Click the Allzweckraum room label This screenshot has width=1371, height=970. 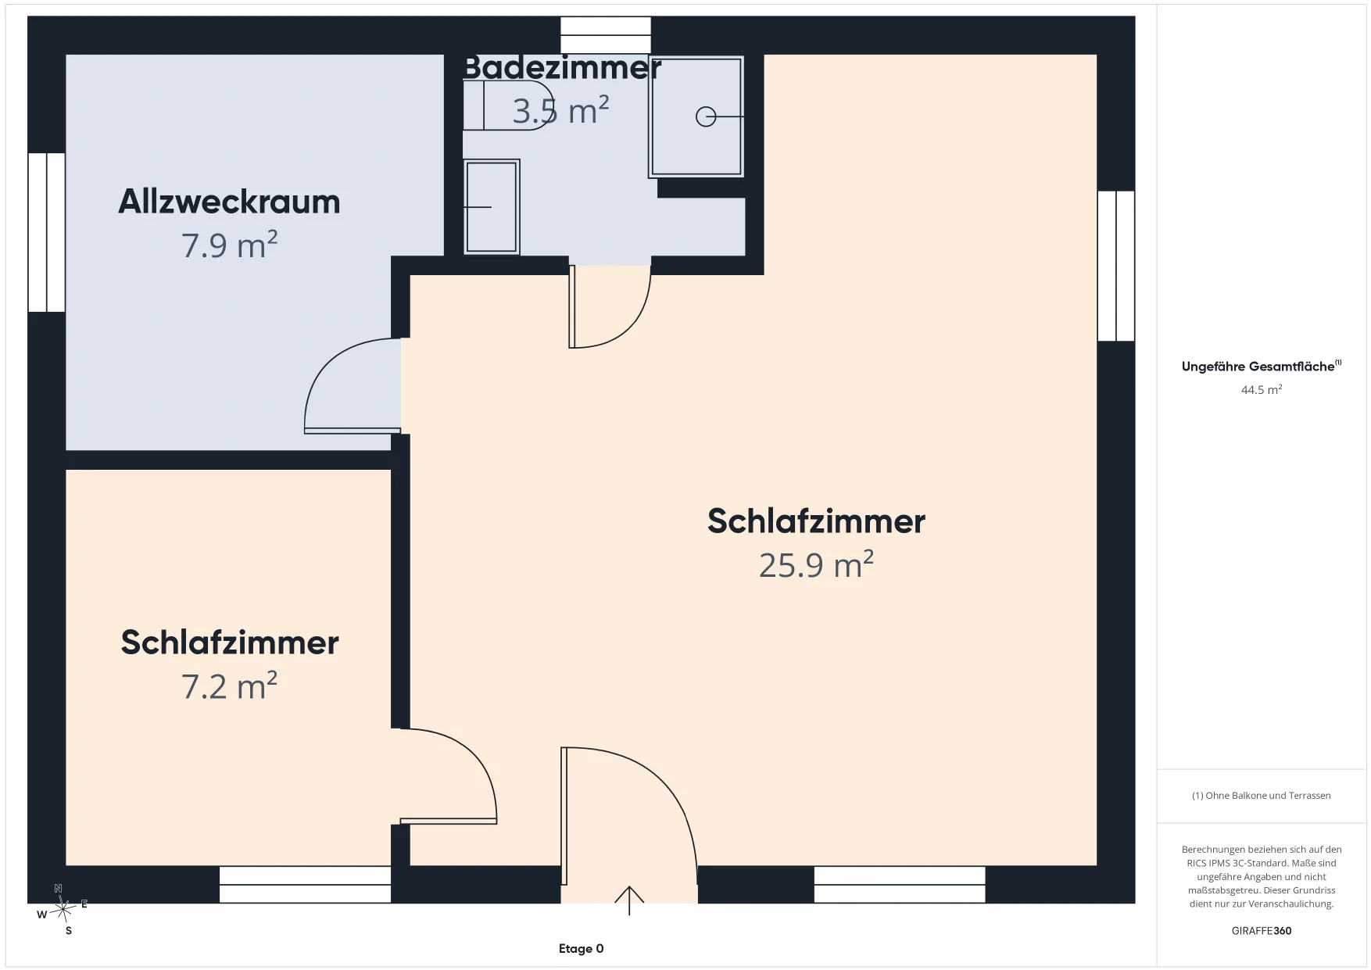(229, 202)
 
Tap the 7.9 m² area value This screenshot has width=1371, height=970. (229, 245)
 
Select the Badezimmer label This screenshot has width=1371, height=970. (562, 68)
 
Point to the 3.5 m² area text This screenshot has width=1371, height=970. (560, 111)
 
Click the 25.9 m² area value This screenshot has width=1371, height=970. (816, 564)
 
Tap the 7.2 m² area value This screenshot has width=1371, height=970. (229, 686)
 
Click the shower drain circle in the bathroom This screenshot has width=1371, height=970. (706, 116)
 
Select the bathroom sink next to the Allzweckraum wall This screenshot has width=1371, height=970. (492, 207)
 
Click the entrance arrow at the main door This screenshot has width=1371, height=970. (629, 900)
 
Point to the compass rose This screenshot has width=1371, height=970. (63, 909)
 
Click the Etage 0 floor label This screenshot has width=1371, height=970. (581, 949)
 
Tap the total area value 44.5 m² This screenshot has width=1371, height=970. (1262, 389)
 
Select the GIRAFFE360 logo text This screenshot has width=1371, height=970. (1262, 931)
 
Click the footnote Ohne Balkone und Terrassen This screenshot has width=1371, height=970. (1261, 796)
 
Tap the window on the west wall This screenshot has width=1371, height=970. (47, 232)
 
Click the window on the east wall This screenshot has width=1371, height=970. (1116, 266)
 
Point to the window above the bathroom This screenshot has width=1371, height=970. (606, 35)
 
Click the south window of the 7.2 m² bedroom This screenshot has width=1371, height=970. (305, 885)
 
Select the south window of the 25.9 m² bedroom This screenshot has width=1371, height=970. (900, 885)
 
